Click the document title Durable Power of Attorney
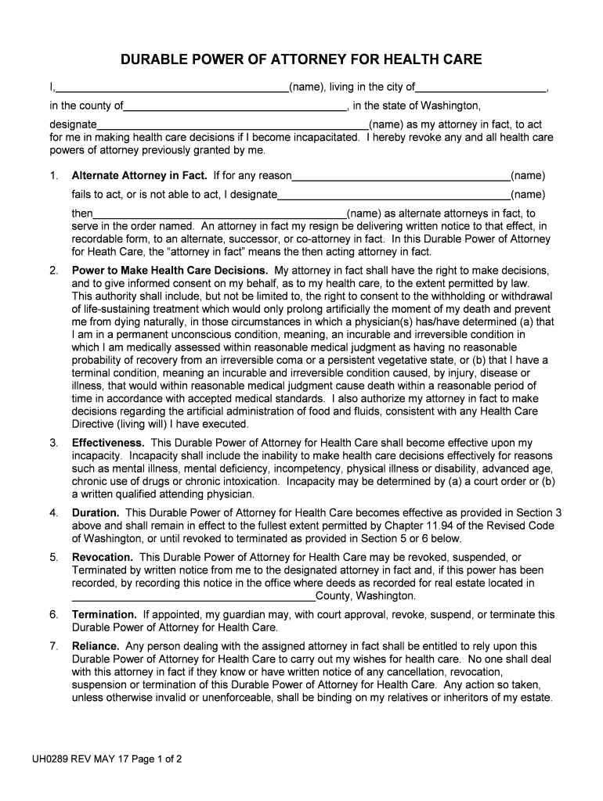pos(301,59)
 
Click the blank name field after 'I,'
pos(172,88)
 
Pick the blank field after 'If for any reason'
pos(400,177)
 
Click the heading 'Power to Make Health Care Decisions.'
pos(170,271)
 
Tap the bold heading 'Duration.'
pos(95,513)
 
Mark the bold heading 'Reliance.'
pos(96,647)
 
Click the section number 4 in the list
pos(53,513)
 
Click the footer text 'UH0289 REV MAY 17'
pos(80,759)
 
